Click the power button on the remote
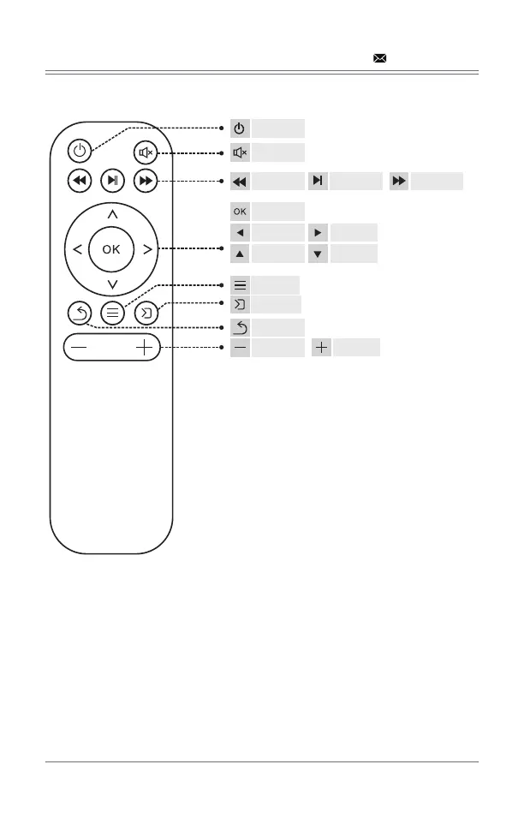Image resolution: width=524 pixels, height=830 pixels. click(x=79, y=152)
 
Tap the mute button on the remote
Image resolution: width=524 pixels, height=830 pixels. click(x=145, y=153)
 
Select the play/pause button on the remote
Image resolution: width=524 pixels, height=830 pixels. click(x=112, y=181)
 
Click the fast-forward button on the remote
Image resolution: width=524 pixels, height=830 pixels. click(x=145, y=181)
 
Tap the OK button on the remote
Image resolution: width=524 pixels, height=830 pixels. click(x=112, y=249)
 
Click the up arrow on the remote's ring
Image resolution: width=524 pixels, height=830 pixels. click(x=112, y=212)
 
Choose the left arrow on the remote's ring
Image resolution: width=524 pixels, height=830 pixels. click(x=78, y=249)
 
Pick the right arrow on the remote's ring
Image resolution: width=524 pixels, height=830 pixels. click(x=147, y=249)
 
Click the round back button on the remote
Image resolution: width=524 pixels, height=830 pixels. click(x=79, y=313)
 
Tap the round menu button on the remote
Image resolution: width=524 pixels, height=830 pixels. click(x=112, y=313)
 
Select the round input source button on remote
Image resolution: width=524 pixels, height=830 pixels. click(x=146, y=313)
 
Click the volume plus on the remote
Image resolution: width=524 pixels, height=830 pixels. click(x=143, y=348)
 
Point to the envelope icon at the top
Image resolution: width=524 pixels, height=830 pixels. click(x=378, y=59)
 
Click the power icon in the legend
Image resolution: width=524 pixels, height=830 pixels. click(x=240, y=128)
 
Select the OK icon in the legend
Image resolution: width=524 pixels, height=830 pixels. click(x=240, y=211)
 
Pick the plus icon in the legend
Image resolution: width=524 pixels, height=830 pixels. click(x=322, y=347)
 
